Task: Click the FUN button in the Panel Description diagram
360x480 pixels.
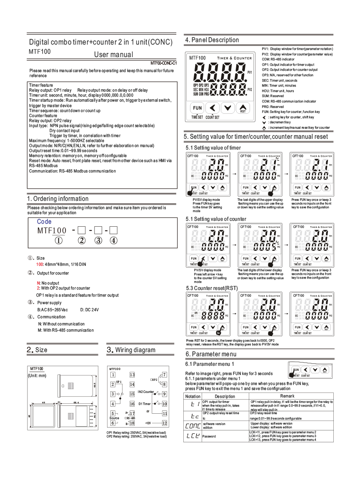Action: pyautogui.click(x=197, y=108)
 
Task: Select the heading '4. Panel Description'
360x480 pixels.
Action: pyautogui.click(x=212, y=40)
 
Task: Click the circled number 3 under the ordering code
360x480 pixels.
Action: pyautogui.click(x=98, y=240)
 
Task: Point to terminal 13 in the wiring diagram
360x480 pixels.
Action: pyautogui.click(x=132, y=375)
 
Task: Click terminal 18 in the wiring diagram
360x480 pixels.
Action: pyautogui.click(x=132, y=423)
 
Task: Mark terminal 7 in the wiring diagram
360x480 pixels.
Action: pyautogui.click(x=165, y=375)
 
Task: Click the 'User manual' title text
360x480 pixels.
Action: pyautogui.click(x=114, y=55)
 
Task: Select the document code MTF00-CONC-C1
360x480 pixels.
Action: pyautogui.click(x=164, y=63)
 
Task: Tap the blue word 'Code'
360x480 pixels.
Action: pyautogui.click(x=44, y=222)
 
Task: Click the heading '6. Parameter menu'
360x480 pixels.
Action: pyautogui.click(x=211, y=354)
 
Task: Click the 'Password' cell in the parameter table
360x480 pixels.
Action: pyautogui.click(x=209, y=436)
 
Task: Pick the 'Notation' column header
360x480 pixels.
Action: pyautogui.click(x=192, y=396)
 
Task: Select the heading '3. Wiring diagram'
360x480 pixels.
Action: pyautogui.click(x=131, y=350)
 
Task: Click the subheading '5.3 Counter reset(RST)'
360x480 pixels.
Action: pyautogui.click(x=212, y=288)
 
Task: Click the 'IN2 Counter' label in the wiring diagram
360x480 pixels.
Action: pyautogui.click(x=146, y=392)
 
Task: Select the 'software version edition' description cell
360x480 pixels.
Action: pyautogui.click(x=214, y=425)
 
